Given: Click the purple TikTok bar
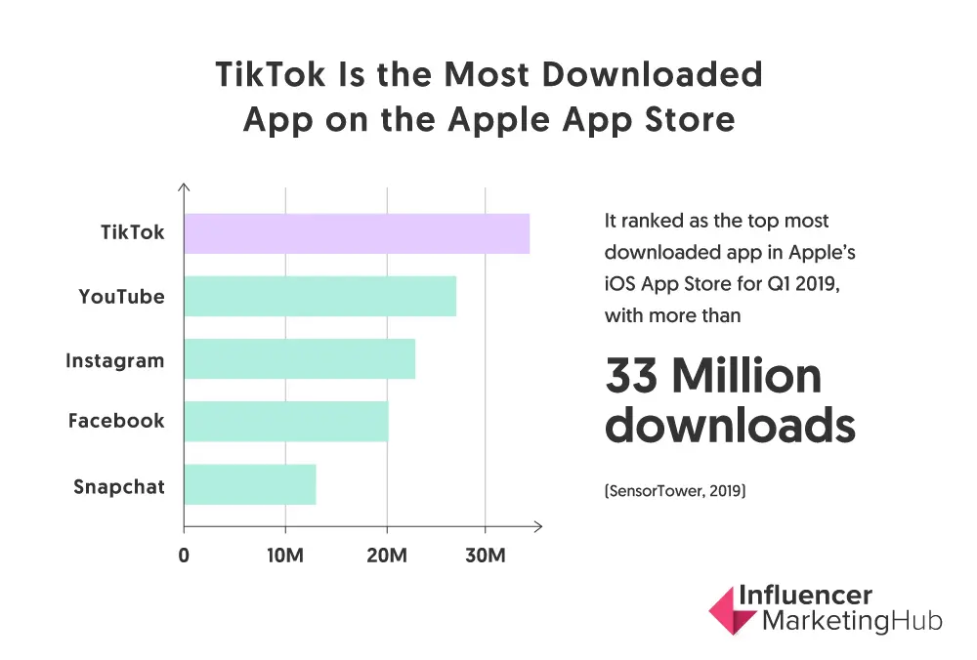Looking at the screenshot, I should pyautogui.click(x=357, y=233).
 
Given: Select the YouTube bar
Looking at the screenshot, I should pyautogui.click(x=319, y=296).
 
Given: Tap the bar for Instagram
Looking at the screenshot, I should pyautogui.click(x=299, y=358).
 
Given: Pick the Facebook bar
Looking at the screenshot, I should pyautogui.click(x=285, y=421).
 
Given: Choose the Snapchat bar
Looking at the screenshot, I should pyautogui.click(x=249, y=484).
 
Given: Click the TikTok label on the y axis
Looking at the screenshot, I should pyautogui.click(x=133, y=233).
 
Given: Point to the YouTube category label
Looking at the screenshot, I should pyautogui.click(x=121, y=296).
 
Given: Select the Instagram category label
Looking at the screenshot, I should pyautogui.click(x=114, y=360).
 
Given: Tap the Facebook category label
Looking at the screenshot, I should pyautogui.click(x=116, y=421).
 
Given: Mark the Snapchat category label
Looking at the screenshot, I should pyautogui.click(x=119, y=486).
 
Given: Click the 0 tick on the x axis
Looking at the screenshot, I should pyautogui.click(x=184, y=556).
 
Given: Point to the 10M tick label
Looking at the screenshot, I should pyautogui.click(x=285, y=556).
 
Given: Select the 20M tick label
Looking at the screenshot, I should pyautogui.click(x=387, y=556).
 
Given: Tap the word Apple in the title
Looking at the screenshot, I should pyautogui.click(x=504, y=119).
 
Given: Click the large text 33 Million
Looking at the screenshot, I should pyautogui.click(x=713, y=376).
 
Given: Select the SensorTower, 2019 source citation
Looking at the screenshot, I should pyautogui.click(x=675, y=493).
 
